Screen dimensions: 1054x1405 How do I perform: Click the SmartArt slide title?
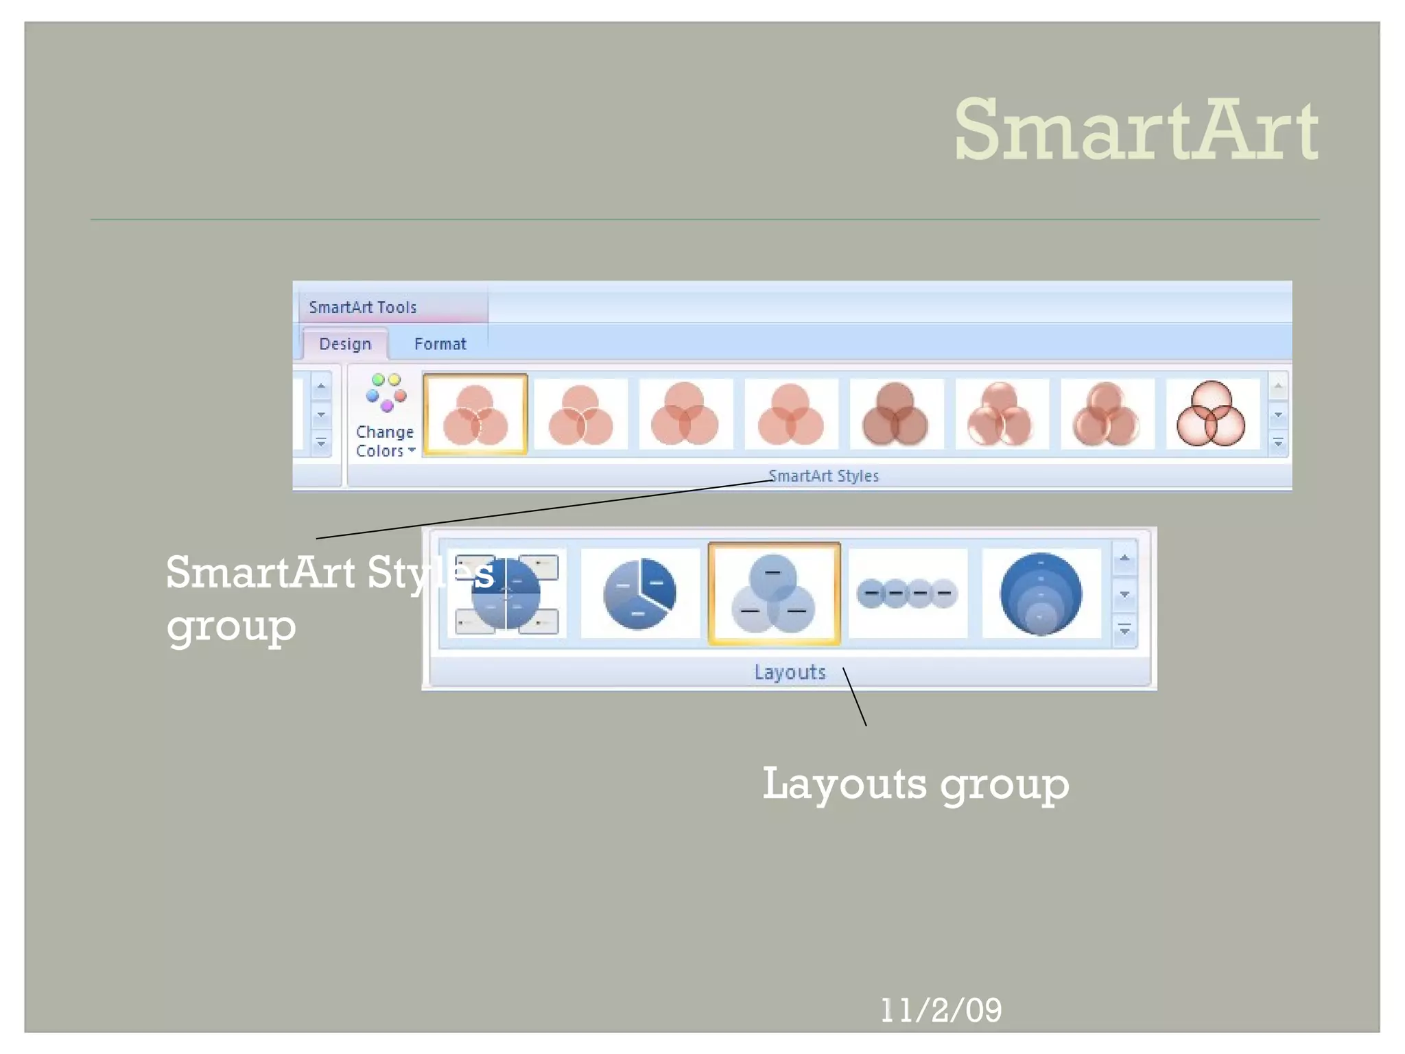point(1135,130)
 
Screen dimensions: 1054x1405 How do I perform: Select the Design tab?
point(345,344)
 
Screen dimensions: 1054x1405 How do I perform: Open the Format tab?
point(440,344)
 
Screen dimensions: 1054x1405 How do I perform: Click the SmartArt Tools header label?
point(362,307)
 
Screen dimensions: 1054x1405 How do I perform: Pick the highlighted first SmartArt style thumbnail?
point(475,414)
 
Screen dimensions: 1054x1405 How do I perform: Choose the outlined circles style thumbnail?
point(1211,414)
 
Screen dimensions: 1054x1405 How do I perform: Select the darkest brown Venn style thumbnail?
point(895,414)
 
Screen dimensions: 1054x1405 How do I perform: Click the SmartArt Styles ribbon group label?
point(823,476)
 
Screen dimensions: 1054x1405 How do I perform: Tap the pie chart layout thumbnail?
point(639,594)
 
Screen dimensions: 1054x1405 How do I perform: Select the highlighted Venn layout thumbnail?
point(774,594)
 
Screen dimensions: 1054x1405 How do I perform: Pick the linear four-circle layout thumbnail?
point(907,594)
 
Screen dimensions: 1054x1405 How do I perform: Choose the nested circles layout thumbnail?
point(1041,594)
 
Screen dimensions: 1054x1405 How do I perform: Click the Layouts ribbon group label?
point(790,672)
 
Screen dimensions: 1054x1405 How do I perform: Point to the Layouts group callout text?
point(915,784)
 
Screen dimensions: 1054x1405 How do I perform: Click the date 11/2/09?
point(941,1010)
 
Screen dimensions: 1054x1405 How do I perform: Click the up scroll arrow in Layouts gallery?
point(1124,559)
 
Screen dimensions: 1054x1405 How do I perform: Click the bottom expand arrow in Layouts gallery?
point(1124,630)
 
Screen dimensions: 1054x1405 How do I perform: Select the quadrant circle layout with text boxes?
point(506,594)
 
